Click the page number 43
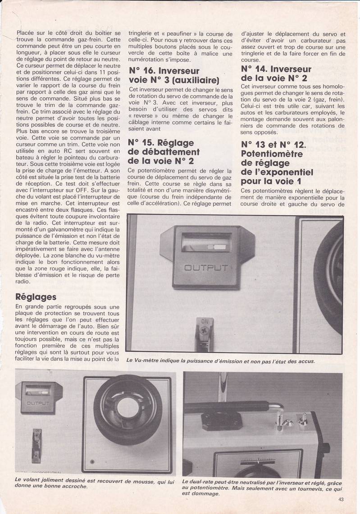tap(341, 499)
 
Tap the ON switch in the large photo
tap(205, 332)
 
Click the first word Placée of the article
tap(26, 32)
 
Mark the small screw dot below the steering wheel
tap(92, 462)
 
